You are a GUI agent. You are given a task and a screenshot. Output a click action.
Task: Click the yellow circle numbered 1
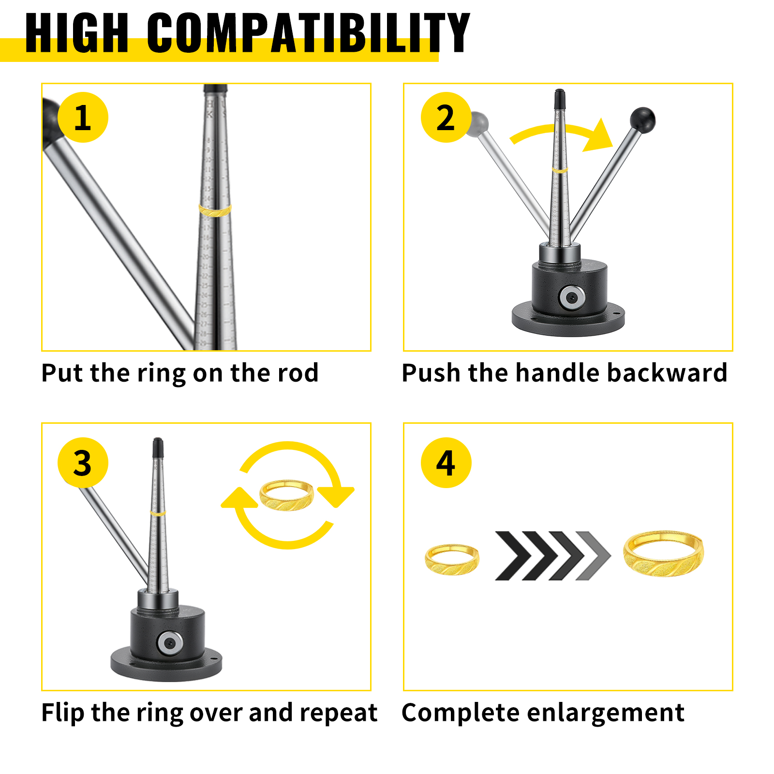tap(83, 118)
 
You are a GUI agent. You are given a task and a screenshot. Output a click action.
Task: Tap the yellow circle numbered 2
tap(446, 118)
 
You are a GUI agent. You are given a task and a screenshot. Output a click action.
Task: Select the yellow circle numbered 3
tap(83, 463)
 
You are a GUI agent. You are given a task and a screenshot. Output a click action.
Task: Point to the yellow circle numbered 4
tap(446, 463)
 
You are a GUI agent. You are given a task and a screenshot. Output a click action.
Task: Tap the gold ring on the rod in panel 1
tap(215, 210)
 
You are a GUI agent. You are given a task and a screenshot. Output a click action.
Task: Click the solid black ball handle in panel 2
tap(642, 119)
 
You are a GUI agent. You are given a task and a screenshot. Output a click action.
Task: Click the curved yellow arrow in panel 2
tap(561, 134)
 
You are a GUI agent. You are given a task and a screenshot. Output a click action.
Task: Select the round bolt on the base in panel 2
tap(571, 297)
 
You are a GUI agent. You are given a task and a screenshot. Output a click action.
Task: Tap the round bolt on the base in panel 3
tap(170, 642)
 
